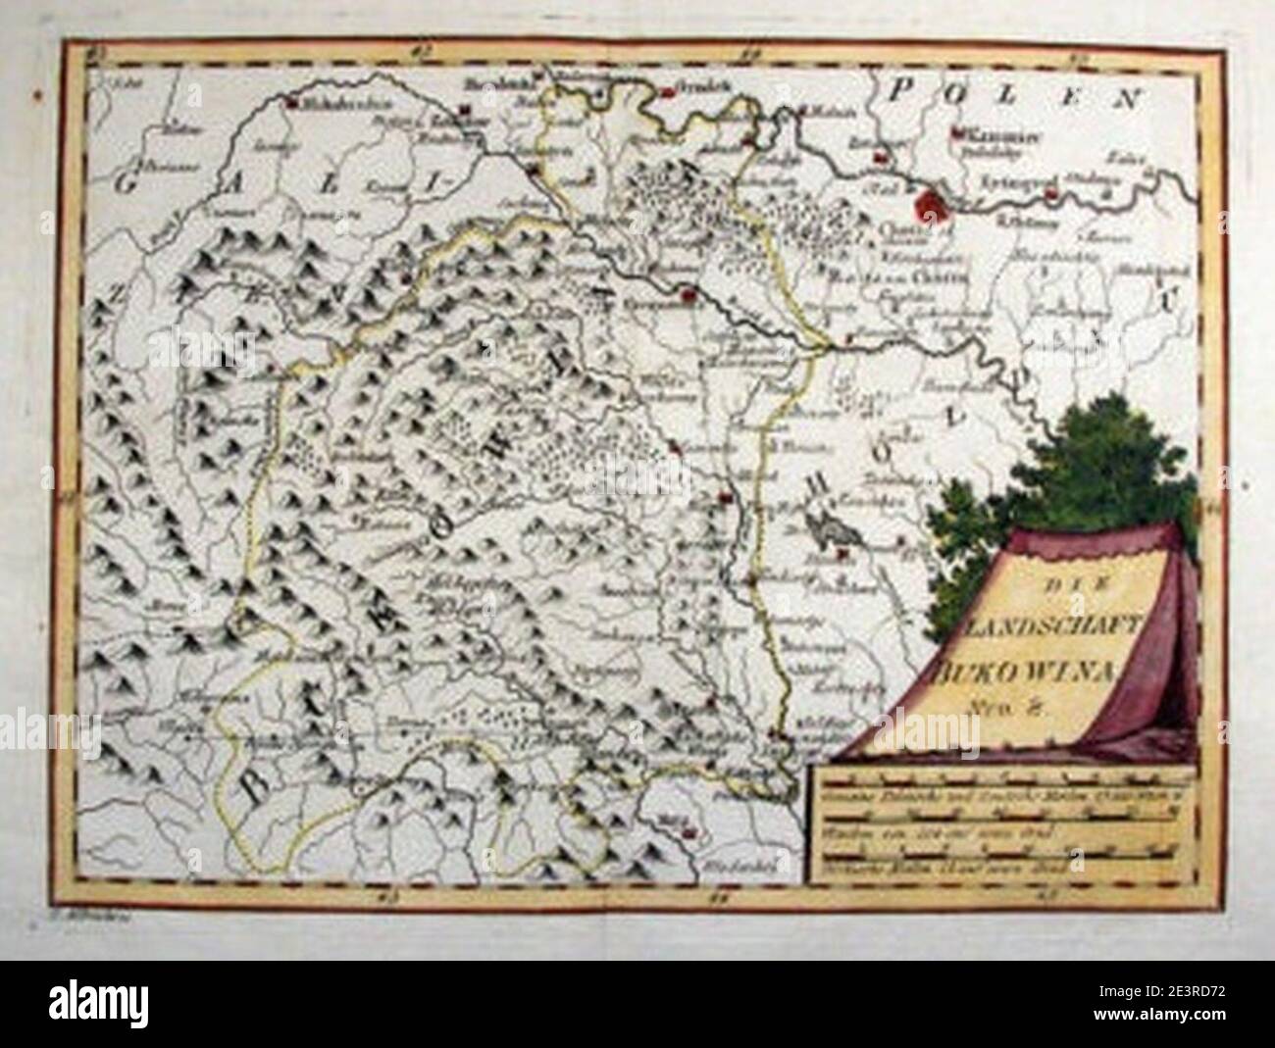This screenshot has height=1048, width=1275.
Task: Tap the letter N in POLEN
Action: [x=1135, y=97]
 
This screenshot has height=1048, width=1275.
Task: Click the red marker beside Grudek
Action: [x=668, y=92]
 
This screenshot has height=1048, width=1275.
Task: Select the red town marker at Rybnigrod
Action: [x=1051, y=194]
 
